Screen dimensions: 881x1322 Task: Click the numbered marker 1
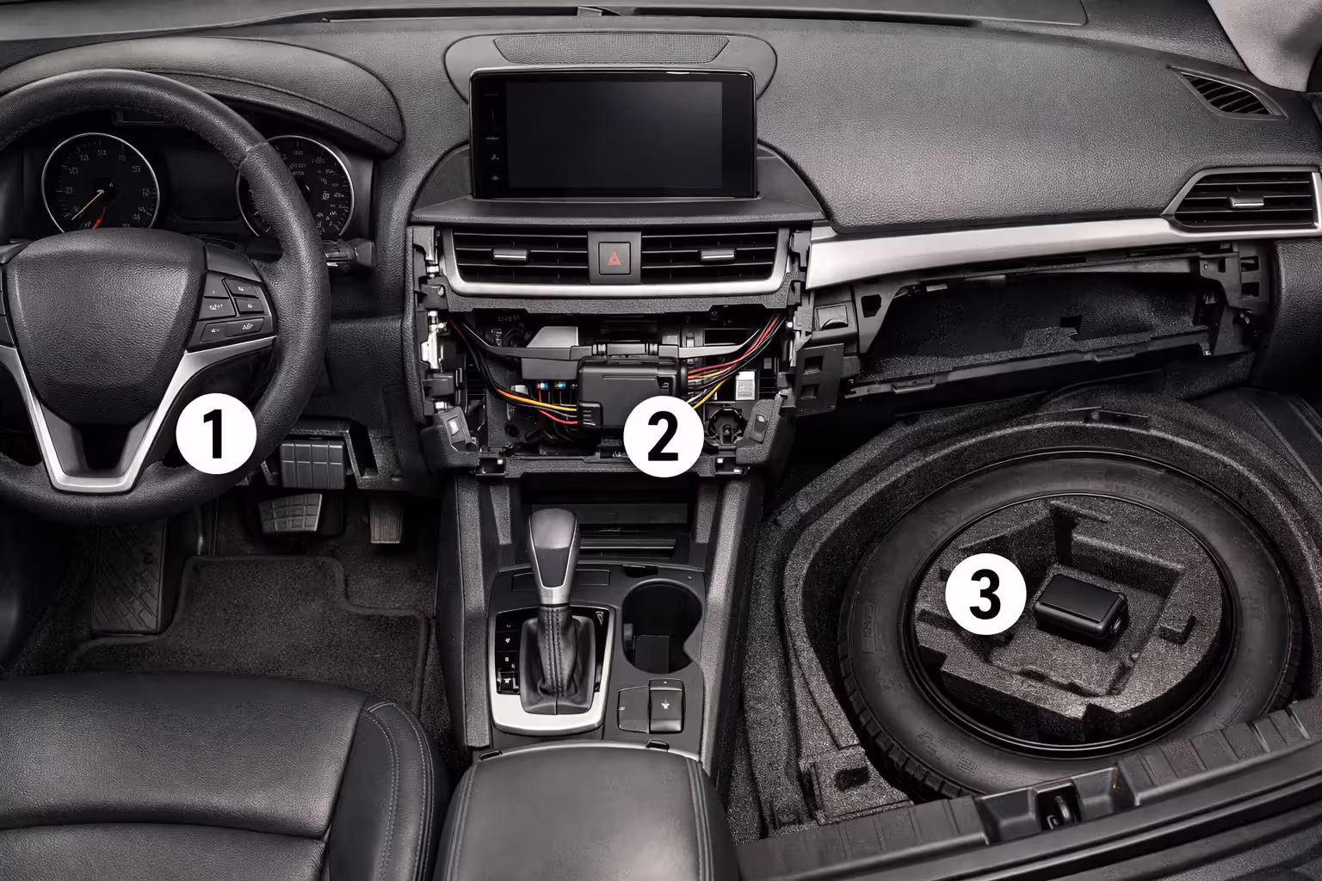pyautogui.click(x=215, y=436)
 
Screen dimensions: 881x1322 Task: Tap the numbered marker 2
pyautogui.click(x=663, y=436)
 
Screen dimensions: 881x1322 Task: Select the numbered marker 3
pyautogui.click(x=985, y=595)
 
